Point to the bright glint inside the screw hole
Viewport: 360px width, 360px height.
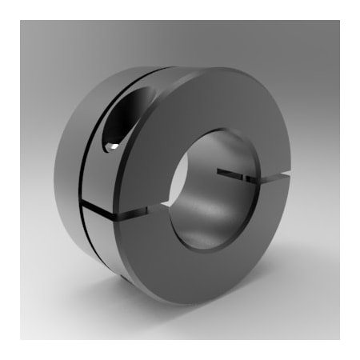tap(116, 146)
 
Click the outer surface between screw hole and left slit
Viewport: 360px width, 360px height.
tap(100, 180)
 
